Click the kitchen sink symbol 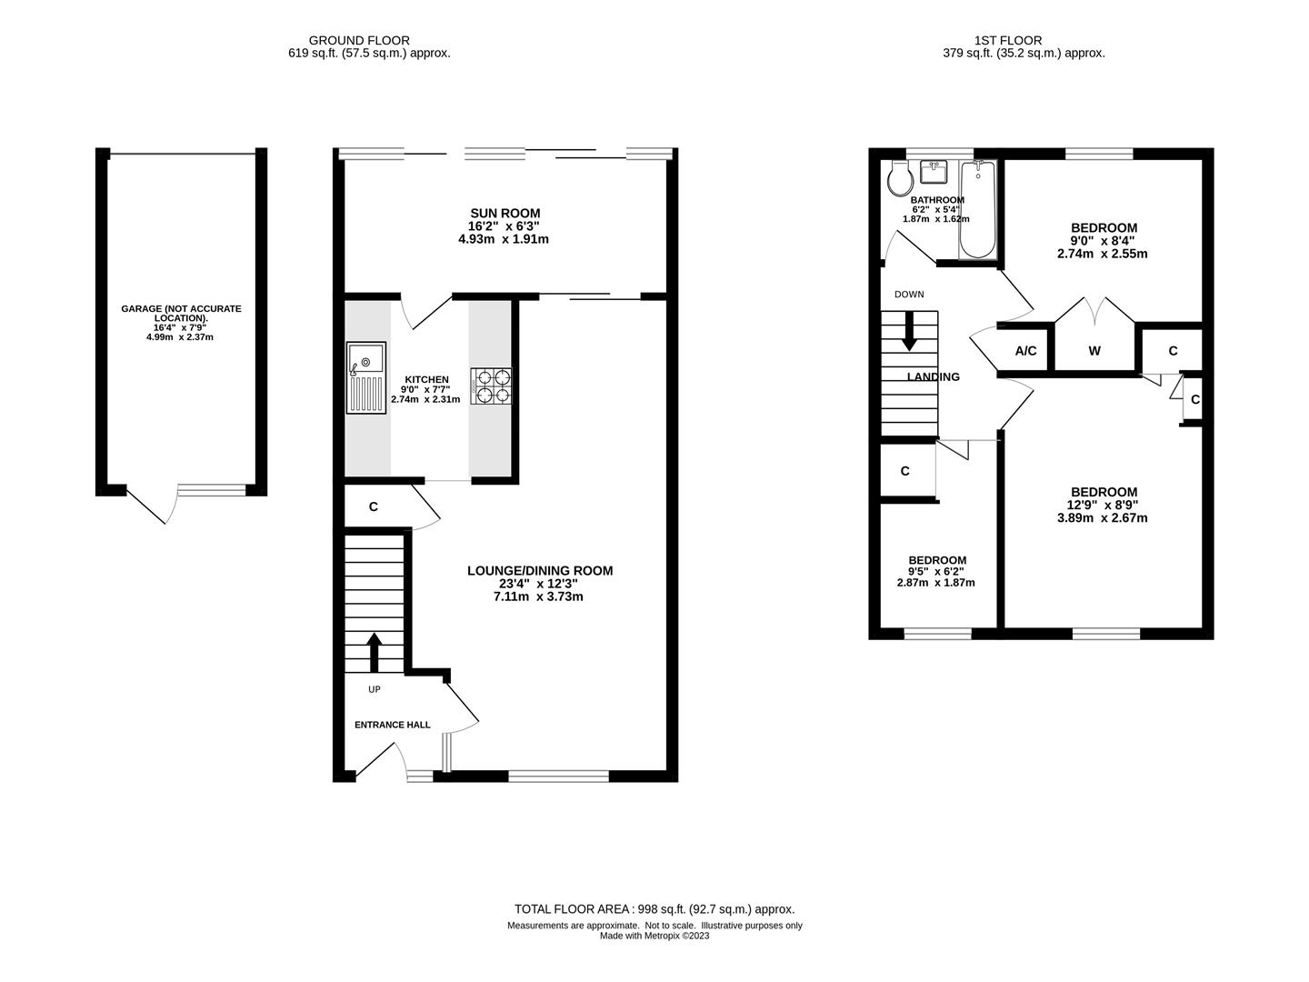[366, 376]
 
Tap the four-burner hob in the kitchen [491, 386]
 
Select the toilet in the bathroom [899, 177]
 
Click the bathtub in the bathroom [977, 209]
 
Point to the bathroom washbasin [934, 171]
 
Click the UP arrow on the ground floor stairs [374, 651]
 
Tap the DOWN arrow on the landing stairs [909, 333]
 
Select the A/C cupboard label [1025, 351]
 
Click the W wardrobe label [1094, 351]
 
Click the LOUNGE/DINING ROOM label [540, 571]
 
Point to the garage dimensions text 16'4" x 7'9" [181, 327]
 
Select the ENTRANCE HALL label [392, 725]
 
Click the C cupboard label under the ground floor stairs [374, 507]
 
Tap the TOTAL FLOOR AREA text [654, 908]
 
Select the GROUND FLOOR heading [359, 40]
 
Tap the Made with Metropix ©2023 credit [654, 936]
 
